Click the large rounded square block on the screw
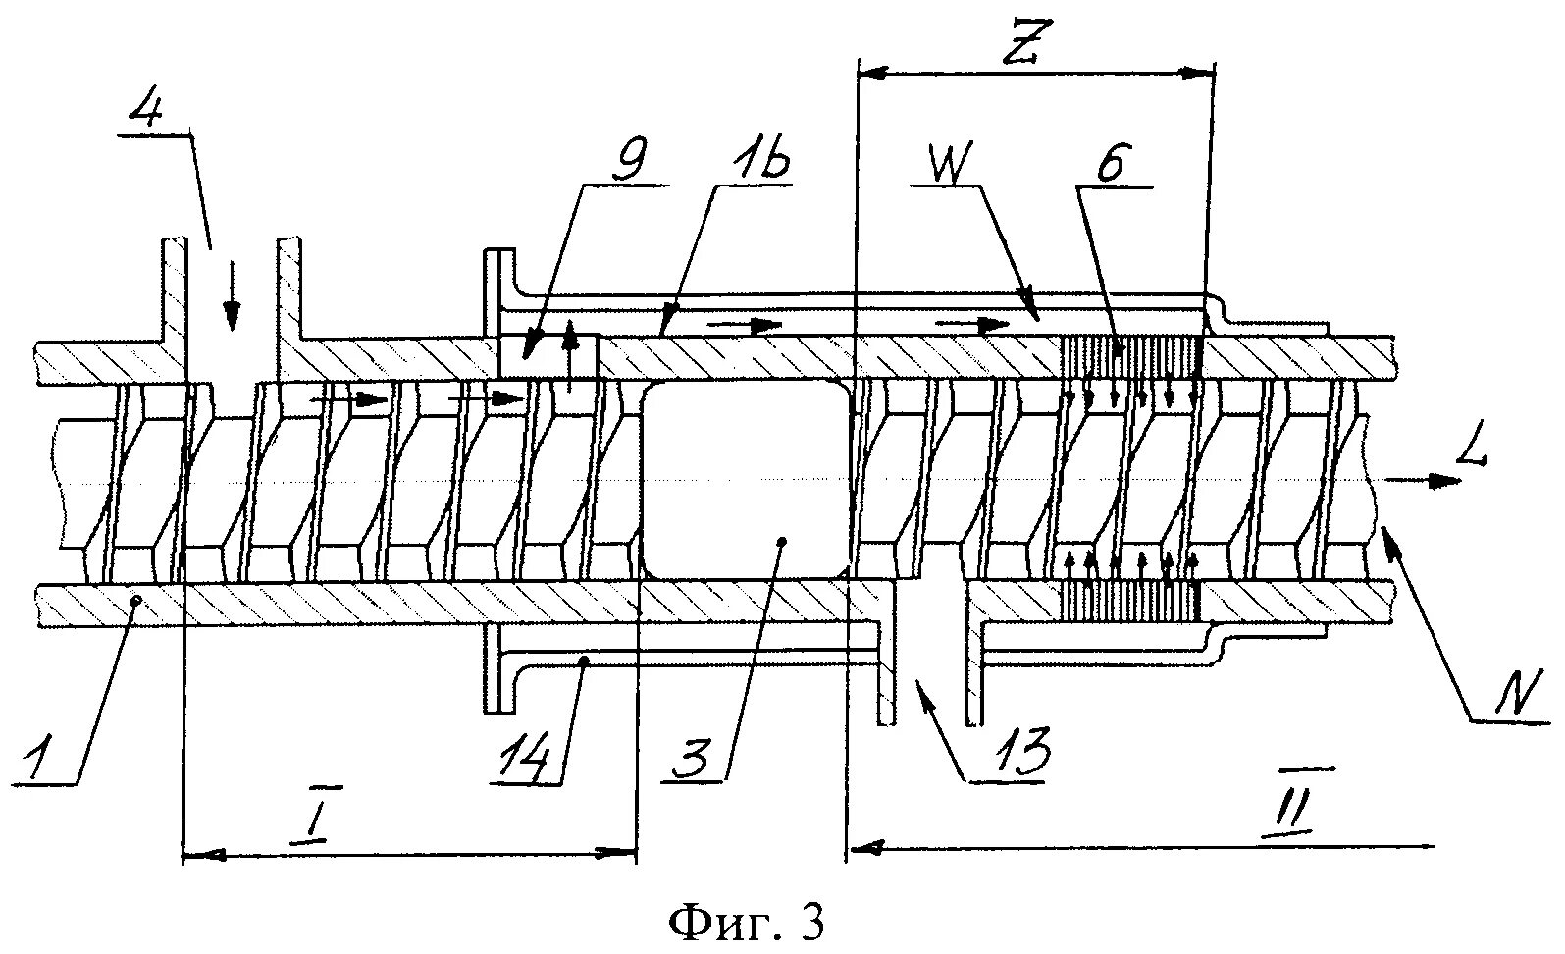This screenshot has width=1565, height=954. coord(744,478)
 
